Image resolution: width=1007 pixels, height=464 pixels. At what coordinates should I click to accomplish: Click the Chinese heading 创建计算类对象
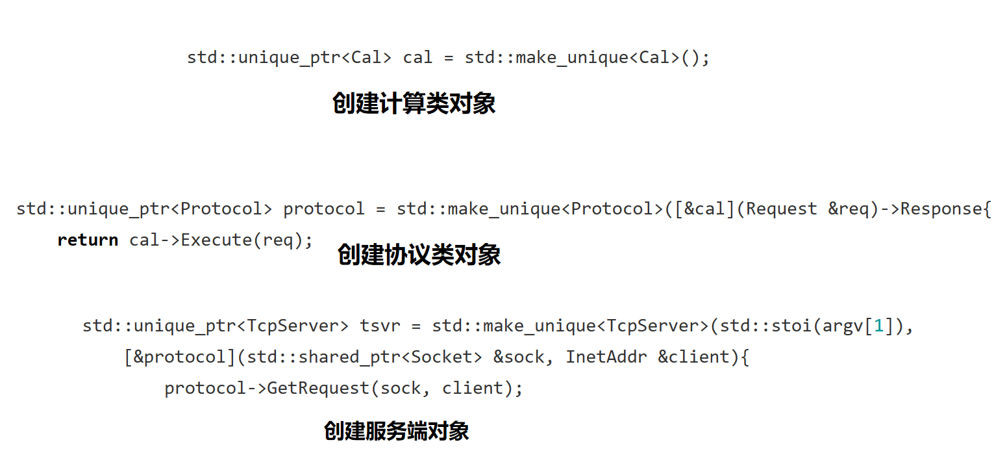tap(414, 103)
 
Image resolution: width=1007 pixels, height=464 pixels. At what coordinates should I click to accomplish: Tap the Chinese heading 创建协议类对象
tap(419, 255)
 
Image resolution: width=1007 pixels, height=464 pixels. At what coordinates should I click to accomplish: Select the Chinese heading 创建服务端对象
tap(396, 431)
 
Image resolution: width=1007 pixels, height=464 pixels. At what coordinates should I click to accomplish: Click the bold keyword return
tap(88, 240)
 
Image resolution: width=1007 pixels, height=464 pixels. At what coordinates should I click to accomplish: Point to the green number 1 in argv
tap(878, 326)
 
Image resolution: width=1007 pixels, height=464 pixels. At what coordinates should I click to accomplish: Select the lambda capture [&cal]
tap(706, 209)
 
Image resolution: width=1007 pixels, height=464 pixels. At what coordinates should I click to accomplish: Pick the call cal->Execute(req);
tap(221, 240)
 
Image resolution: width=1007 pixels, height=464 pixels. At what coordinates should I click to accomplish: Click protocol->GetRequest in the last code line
tap(266, 388)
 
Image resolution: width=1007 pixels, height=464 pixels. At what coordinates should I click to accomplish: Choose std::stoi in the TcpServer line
tap(747, 326)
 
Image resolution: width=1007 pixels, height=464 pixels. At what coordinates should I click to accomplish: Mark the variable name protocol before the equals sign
tap(324, 209)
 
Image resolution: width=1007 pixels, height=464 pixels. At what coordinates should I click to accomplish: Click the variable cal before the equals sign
tap(417, 58)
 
